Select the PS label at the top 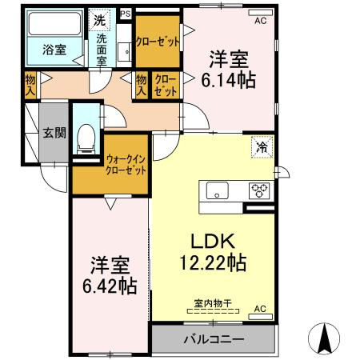[x=125, y=14]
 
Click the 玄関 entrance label [x=54, y=133]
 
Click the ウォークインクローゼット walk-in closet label [x=126, y=166]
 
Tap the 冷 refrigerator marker [x=262, y=146]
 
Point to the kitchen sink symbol [x=218, y=190]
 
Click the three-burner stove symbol [x=260, y=190]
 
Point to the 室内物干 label [x=213, y=302]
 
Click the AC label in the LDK [x=260, y=308]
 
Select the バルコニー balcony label [x=214, y=339]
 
